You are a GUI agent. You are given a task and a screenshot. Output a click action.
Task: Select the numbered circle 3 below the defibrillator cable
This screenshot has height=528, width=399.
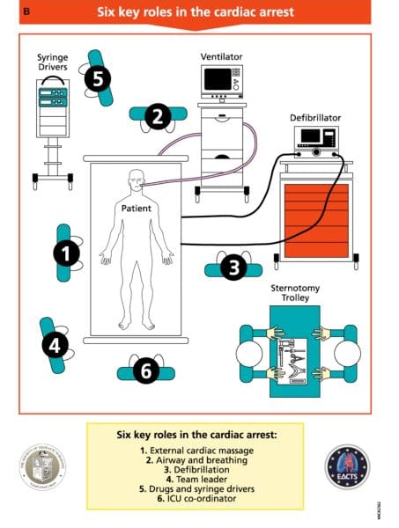tap(233, 268)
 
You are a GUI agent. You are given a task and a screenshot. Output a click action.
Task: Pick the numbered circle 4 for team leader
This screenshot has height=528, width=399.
tap(55, 345)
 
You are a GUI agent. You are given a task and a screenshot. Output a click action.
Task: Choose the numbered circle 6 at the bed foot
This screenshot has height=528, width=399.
tap(146, 371)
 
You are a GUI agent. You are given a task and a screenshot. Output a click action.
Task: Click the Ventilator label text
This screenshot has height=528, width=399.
tap(221, 56)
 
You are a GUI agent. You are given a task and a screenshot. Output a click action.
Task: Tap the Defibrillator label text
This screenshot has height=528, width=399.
tap(315, 117)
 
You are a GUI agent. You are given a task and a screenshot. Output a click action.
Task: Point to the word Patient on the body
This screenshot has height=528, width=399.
tap(137, 209)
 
